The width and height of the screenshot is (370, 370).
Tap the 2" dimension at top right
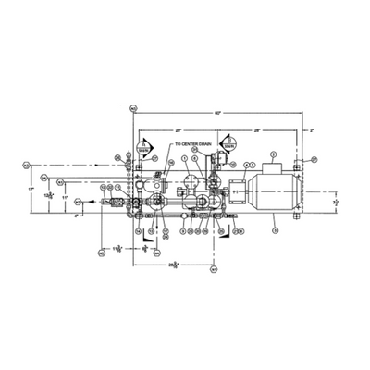[312, 130]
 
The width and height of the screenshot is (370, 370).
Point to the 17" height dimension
[29, 188]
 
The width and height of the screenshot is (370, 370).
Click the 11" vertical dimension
[65, 197]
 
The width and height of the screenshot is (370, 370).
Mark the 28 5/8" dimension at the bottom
[173, 265]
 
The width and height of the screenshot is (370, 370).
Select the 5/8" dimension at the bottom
[144, 249]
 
